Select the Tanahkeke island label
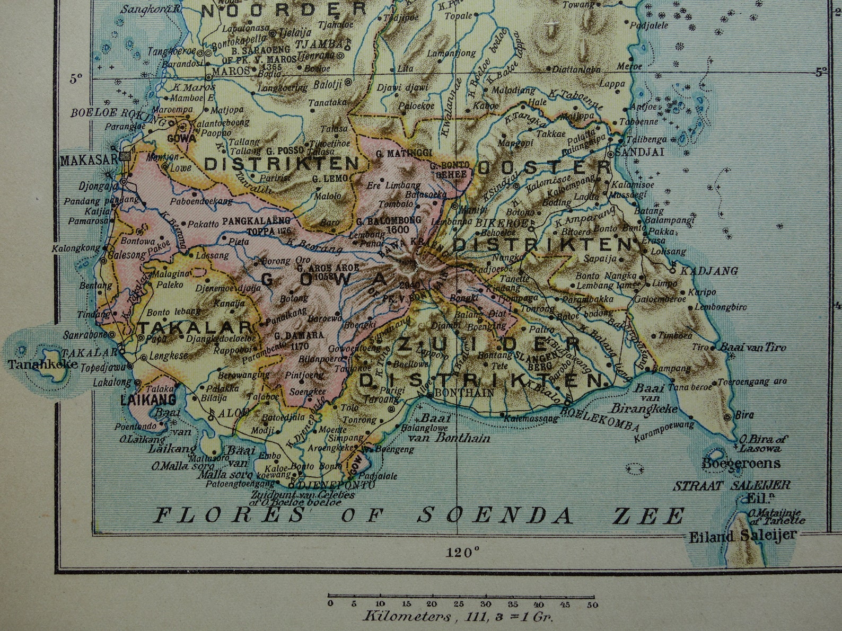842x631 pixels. coord(42,365)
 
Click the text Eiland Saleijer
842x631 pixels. coord(742,535)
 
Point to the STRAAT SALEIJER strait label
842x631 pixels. coord(732,485)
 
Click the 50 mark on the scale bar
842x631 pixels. coord(592,605)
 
